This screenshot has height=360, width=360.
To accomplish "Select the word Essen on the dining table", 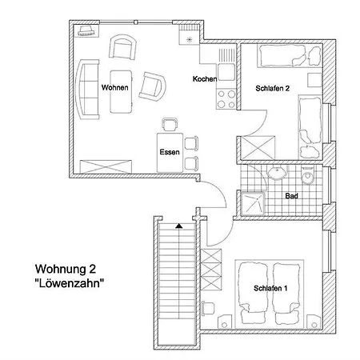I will pos(169,151).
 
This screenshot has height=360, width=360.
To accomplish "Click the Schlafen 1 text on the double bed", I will pos(270,288).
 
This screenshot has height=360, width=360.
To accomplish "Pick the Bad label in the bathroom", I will pos(293,194).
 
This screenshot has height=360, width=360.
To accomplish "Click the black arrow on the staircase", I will pos(179,226).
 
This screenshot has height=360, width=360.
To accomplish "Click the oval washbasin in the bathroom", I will pos(278,172).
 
